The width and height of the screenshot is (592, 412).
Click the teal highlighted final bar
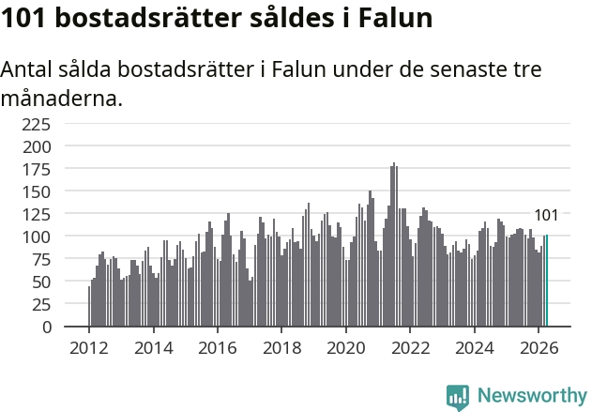[547, 281]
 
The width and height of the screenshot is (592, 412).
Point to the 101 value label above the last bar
[546, 215]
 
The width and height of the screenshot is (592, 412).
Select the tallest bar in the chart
[394, 244]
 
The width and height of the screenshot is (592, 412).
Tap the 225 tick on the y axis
[37, 124]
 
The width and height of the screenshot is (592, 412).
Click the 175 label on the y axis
[37, 170]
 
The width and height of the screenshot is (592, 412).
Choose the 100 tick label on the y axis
[37, 237]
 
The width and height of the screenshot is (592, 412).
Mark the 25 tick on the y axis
[41, 304]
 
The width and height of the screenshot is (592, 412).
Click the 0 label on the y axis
[46, 327]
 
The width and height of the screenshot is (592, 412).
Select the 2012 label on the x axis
[89, 348]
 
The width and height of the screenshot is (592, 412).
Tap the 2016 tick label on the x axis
[218, 348]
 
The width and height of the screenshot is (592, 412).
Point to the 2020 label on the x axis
[346, 348]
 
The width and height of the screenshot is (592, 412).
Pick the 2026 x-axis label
[539, 348]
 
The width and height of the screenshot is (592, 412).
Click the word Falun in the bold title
[395, 18]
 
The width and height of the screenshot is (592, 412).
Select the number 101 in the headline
[23, 18]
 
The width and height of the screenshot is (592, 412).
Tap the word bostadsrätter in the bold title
[148, 18]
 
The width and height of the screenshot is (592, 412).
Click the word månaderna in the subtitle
[62, 99]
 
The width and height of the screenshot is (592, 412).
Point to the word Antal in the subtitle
[26, 69]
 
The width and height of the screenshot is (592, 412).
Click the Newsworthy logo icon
[458, 398]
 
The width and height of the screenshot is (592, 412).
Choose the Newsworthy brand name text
[532, 396]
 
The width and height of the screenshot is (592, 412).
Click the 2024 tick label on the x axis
[475, 348]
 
